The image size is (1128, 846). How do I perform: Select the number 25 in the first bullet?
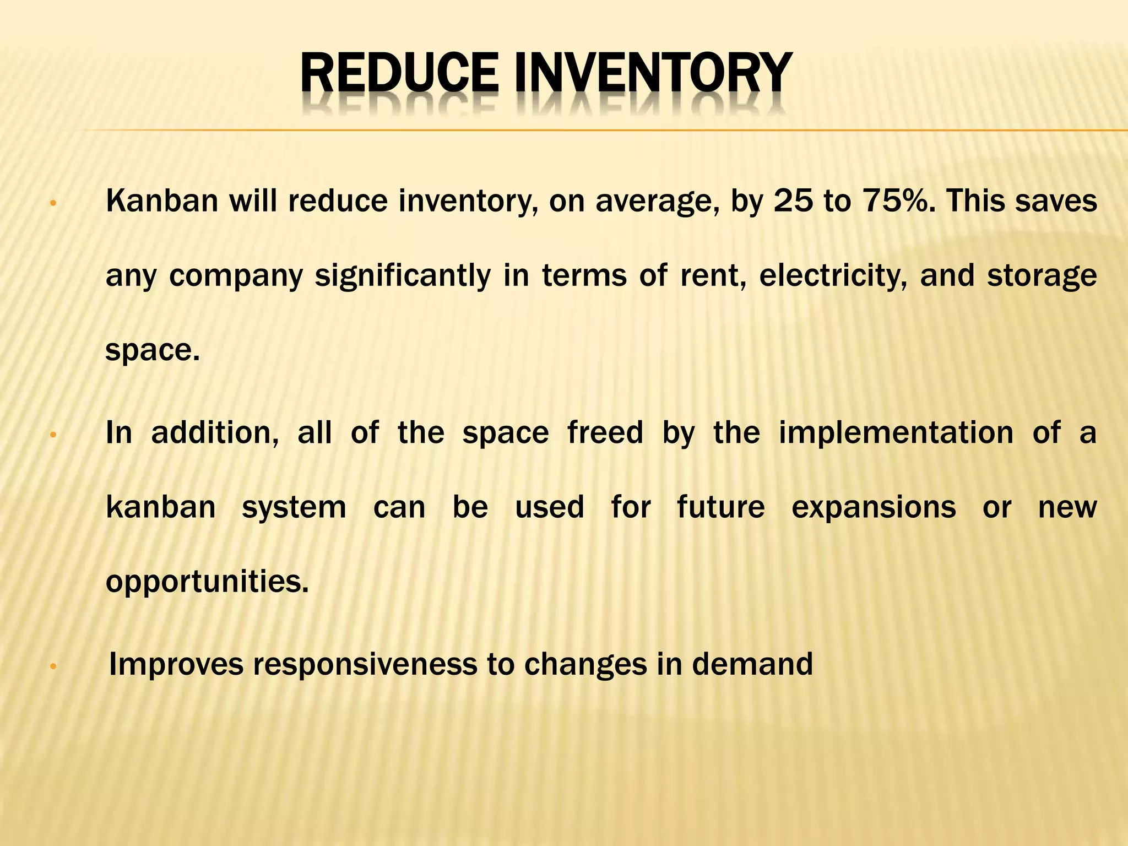point(793,200)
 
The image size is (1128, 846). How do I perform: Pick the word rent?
point(713,275)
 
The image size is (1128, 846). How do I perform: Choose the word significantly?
point(403,275)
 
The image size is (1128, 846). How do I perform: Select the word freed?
point(605,432)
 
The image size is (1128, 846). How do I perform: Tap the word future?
point(721,507)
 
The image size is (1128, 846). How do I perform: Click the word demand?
point(752,664)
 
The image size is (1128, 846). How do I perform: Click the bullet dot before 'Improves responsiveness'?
point(53,666)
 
